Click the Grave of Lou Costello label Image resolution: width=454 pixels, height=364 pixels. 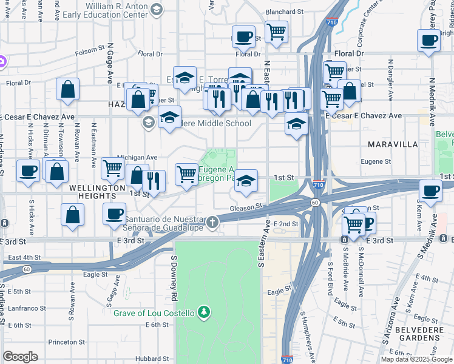(154, 313)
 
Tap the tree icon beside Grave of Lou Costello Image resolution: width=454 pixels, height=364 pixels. (205, 313)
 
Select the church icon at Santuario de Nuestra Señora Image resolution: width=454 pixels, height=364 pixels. (212, 222)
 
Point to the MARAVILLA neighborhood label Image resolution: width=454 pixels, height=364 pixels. (393, 144)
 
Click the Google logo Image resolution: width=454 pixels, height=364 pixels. (20, 357)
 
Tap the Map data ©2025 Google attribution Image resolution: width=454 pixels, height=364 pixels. (416, 359)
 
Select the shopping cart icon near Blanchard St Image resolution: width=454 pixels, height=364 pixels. (277, 32)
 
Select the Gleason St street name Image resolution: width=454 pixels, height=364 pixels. (245, 207)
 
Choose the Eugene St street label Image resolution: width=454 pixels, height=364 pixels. (376, 161)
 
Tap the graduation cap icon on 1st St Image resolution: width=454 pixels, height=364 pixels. (245, 181)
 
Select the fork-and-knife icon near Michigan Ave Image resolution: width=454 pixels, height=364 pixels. (153, 181)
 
